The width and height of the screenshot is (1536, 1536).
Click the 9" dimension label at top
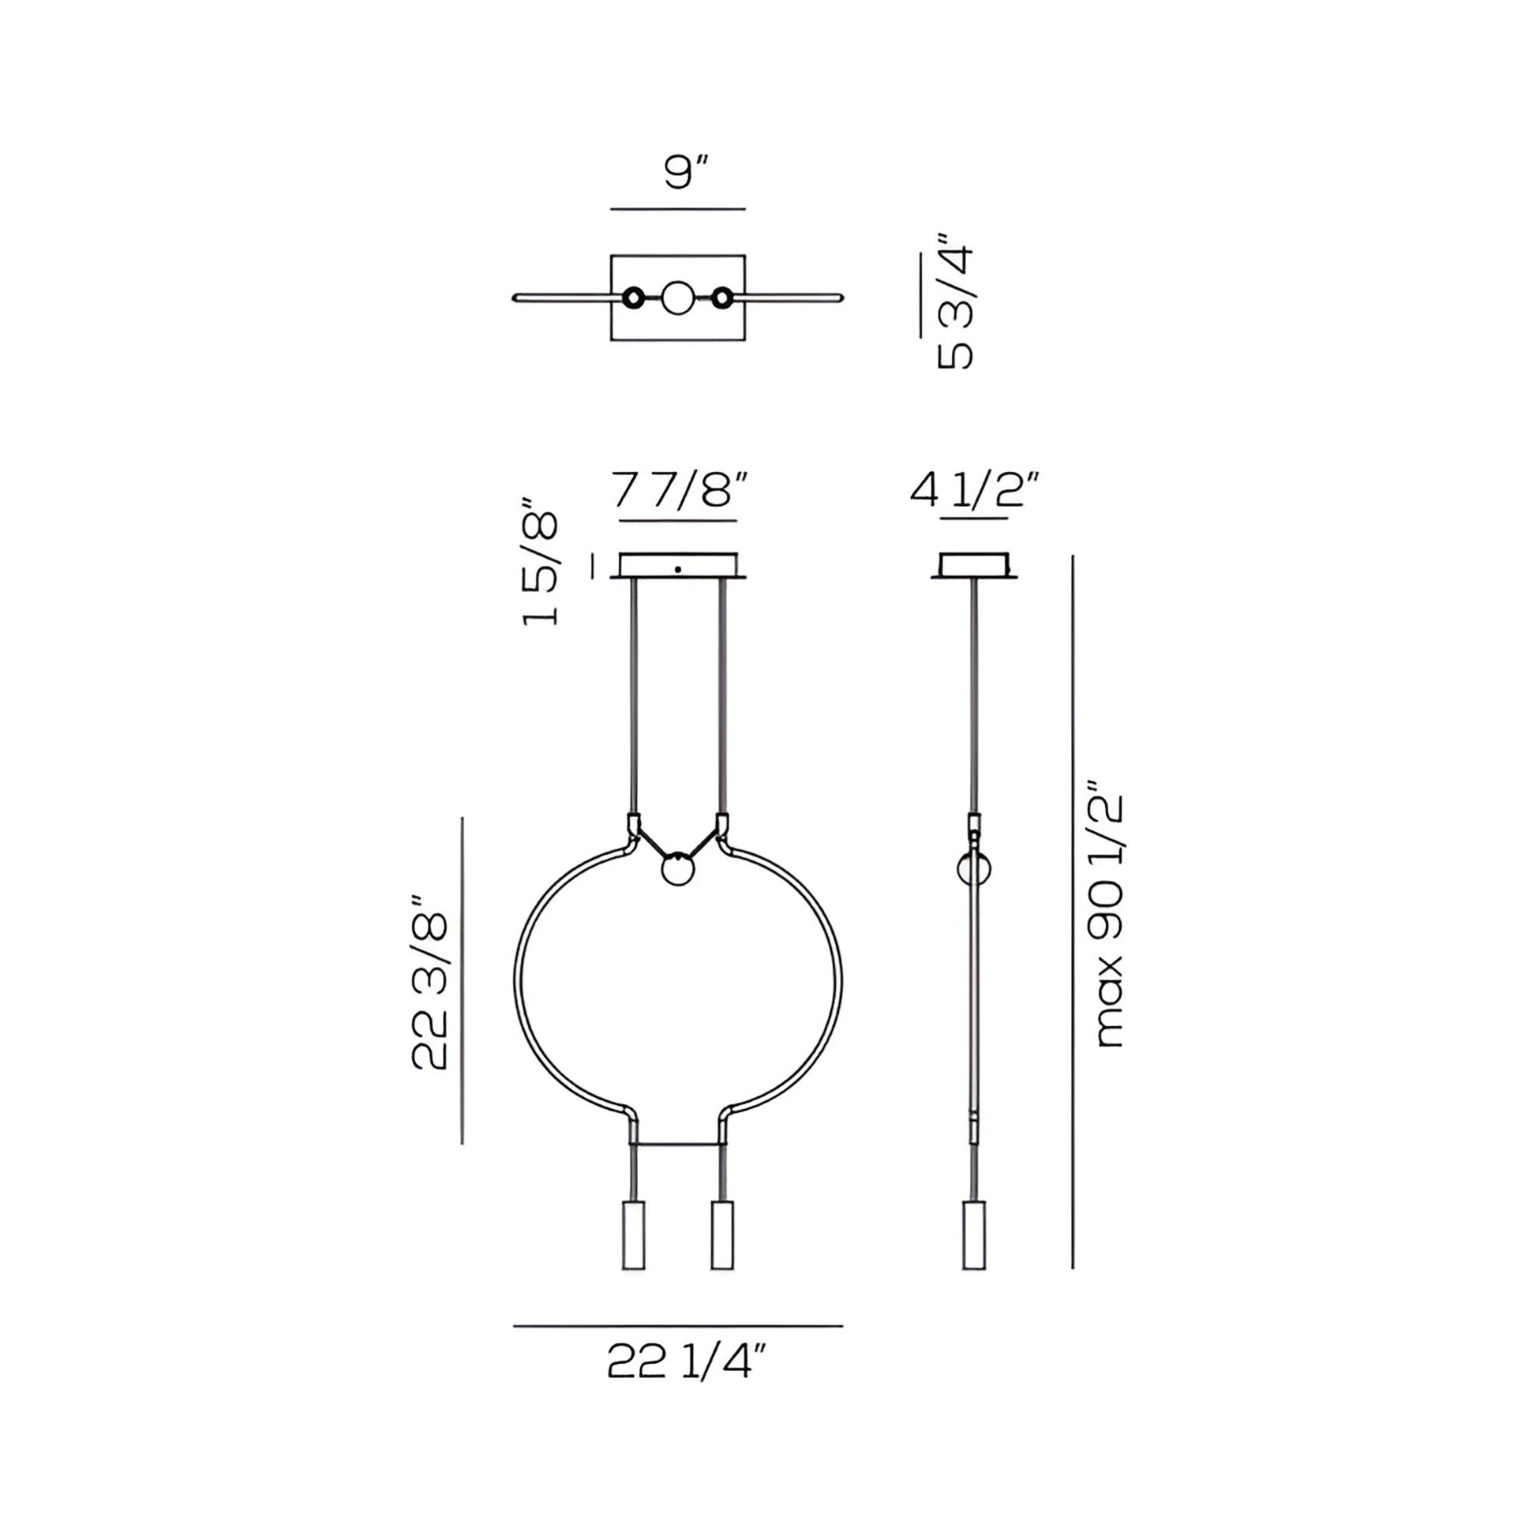pyautogui.click(x=686, y=173)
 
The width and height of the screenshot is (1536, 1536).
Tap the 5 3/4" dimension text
pyautogui.click(x=956, y=302)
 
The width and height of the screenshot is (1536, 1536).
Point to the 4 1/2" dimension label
pyautogui.click(x=976, y=490)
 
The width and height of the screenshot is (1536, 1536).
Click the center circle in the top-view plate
pyautogui.click(x=678, y=298)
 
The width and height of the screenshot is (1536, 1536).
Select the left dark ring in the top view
pyautogui.click(x=634, y=298)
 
